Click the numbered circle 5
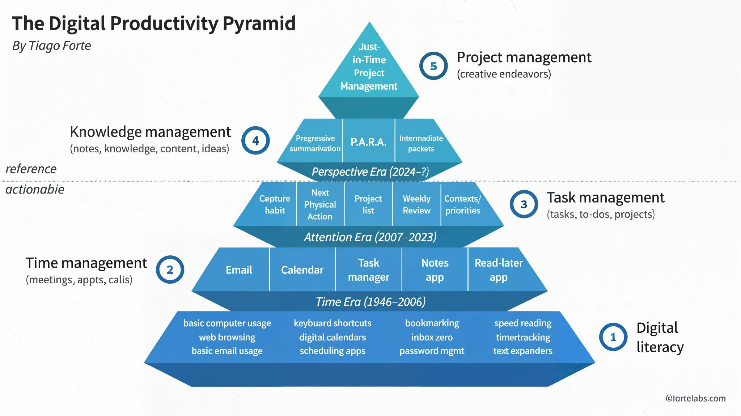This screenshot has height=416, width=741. (433, 66)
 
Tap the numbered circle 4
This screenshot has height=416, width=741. (255, 141)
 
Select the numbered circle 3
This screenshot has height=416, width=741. (524, 204)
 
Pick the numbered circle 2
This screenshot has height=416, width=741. (170, 270)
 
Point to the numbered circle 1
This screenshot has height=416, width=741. (613, 337)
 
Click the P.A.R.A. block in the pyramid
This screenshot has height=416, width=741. (368, 142)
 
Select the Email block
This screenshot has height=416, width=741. (239, 270)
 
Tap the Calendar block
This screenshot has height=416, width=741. (302, 270)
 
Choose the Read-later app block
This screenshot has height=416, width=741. (499, 270)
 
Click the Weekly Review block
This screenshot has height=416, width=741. (416, 204)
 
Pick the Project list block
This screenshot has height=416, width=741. (368, 204)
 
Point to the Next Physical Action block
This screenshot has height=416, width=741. (320, 204)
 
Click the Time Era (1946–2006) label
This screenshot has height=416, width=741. (370, 302)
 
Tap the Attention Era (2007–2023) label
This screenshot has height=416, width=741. (370, 237)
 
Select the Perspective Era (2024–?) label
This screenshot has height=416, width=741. (370, 171)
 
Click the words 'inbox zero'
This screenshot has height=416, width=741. (432, 337)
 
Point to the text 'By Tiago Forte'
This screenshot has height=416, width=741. (51, 46)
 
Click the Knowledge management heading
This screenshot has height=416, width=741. (150, 132)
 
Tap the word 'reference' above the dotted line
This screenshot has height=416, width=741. (31, 169)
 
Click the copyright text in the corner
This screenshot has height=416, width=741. (695, 398)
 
